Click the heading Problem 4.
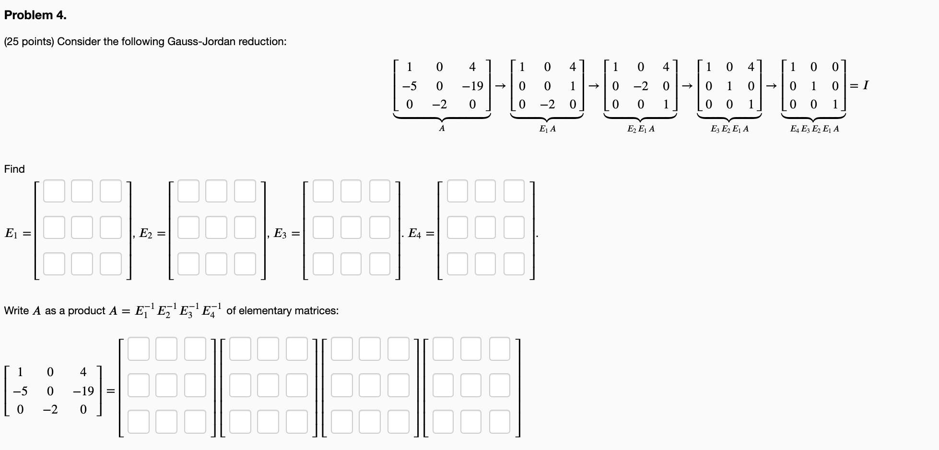pos(35,15)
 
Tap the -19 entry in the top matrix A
pos(472,86)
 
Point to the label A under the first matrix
pos(442,129)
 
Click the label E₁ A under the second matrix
pos(547,129)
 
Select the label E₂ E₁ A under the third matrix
pos(641,129)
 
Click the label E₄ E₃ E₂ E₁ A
pos(814,129)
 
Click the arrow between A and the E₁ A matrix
pos(500,86)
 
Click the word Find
pos(14,169)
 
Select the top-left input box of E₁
pos(54,191)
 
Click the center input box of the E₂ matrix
pos(216,227)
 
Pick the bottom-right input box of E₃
pos(380,264)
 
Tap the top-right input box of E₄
pos(514,191)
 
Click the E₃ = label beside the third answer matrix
pos(286,234)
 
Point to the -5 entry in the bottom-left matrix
pos(20,391)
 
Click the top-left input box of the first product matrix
pos(138,349)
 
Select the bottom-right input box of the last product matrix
pos(500,422)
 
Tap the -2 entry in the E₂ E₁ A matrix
pos(641,86)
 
